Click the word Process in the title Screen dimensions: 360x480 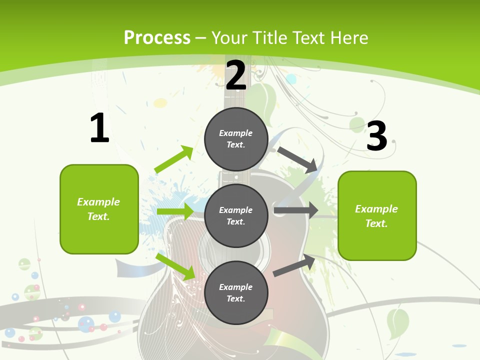click(x=157, y=38)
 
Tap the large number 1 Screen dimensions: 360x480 click(x=99, y=128)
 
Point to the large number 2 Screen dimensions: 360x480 click(x=236, y=75)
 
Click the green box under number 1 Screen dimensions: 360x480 click(x=99, y=209)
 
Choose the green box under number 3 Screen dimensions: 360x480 click(x=377, y=215)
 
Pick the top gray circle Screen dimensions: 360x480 click(x=236, y=139)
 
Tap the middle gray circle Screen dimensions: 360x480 click(x=236, y=215)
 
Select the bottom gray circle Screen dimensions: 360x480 click(x=236, y=292)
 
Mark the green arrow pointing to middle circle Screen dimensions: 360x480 click(x=175, y=211)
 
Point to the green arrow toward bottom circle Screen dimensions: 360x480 click(x=176, y=266)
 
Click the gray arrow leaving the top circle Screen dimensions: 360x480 click(x=297, y=159)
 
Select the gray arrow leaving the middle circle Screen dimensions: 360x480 click(x=296, y=210)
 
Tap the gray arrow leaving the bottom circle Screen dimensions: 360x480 click(x=294, y=265)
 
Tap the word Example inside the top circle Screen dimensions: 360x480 click(x=236, y=133)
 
